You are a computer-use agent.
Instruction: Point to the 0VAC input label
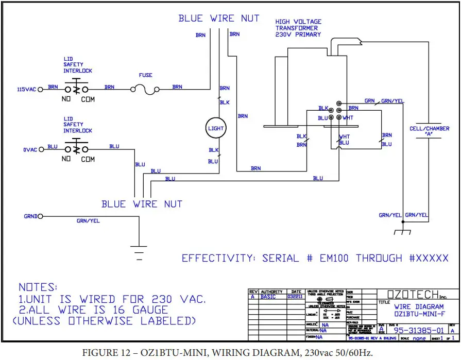point(30,149)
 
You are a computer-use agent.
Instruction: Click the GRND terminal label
point(30,216)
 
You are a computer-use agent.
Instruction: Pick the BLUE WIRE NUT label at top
point(219,19)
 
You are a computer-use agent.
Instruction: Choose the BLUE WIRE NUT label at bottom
point(142,204)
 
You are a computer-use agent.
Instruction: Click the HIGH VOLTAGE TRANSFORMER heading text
point(298,28)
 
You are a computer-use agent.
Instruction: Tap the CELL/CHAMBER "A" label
point(429,132)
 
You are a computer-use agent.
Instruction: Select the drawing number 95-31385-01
point(418,330)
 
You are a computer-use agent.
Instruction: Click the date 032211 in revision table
point(295,297)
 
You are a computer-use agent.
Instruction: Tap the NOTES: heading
point(39,287)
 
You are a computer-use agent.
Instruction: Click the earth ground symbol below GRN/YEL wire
point(138,251)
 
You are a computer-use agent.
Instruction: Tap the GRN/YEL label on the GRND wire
point(88,220)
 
